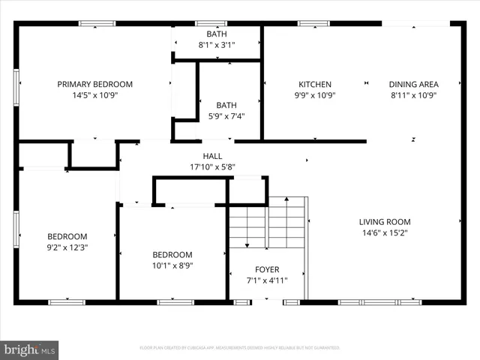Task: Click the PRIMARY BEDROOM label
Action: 94,84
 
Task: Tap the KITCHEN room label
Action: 315,84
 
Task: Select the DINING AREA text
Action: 413,84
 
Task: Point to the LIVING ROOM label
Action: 384,221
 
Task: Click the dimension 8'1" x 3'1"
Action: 217,45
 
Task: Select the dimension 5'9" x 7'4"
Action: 226,115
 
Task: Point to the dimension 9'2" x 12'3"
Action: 67,247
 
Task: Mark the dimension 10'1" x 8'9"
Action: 172,265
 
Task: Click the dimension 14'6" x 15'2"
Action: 384,232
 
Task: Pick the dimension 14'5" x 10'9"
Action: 94,95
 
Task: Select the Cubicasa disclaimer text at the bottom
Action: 240,348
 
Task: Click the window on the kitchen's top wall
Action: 313,24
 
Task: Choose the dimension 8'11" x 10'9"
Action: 413,95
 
